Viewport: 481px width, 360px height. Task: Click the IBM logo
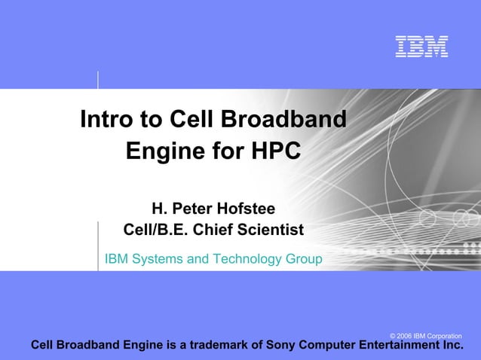click(x=422, y=47)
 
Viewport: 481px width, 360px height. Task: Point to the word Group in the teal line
click(x=303, y=260)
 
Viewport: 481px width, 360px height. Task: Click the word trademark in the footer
click(x=222, y=346)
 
